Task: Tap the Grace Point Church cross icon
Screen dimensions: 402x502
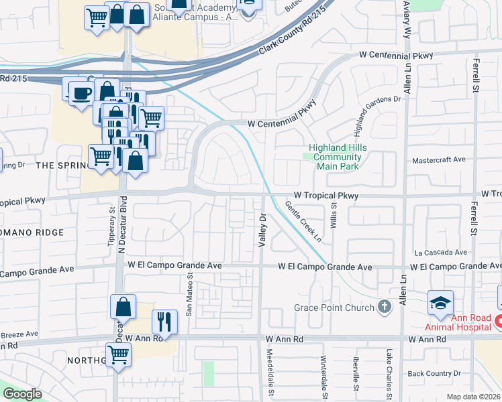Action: pyautogui.click(x=385, y=308)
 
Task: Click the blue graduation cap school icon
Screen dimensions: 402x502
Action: pyautogui.click(x=440, y=302)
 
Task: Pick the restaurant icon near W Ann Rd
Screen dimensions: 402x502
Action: pyautogui.click(x=164, y=322)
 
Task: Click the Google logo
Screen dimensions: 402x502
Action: pyautogui.click(x=22, y=394)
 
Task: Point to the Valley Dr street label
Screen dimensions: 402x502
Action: pyautogui.click(x=263, y=230)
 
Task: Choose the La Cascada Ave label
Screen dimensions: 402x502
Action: pyautogui.click(x=440, y=253)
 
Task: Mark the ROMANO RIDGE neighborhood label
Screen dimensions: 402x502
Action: pyautogui.click(x=32, y=232)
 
